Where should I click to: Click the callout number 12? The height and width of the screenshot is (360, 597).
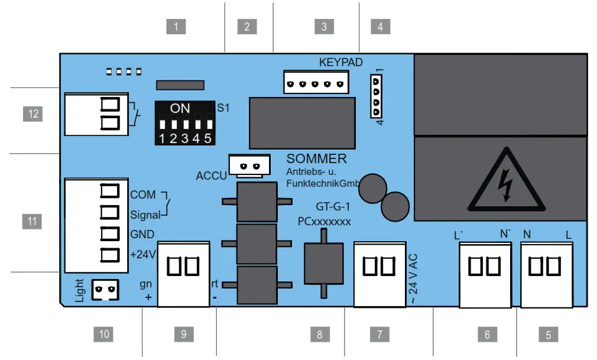coord(33,113)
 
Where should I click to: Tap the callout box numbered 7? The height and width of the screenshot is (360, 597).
coord(379,334)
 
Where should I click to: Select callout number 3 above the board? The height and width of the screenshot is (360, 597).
coord(324,27)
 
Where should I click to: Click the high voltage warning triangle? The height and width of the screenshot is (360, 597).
coord(501,180)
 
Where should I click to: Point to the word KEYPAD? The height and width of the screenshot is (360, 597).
coord(341,62)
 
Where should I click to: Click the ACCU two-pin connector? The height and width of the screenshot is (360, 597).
coord(249,166)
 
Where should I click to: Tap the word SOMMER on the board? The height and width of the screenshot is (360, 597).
coord(316,160)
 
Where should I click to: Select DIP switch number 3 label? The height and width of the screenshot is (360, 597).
coord(184,139)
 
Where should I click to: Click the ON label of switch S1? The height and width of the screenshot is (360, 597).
coord(180,109)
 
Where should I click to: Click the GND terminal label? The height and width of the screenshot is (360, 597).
coord(142,234)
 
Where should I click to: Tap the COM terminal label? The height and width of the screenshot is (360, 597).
coord(142,194)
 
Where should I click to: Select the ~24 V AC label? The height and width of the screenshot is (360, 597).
coord(413,279)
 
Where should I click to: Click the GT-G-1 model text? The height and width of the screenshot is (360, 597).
coord(333,207)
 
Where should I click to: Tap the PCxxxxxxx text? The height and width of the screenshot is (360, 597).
coord(324,222)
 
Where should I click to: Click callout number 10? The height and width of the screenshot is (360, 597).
coord(104,334)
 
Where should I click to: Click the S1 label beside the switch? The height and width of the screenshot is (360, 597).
coord(223,109)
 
